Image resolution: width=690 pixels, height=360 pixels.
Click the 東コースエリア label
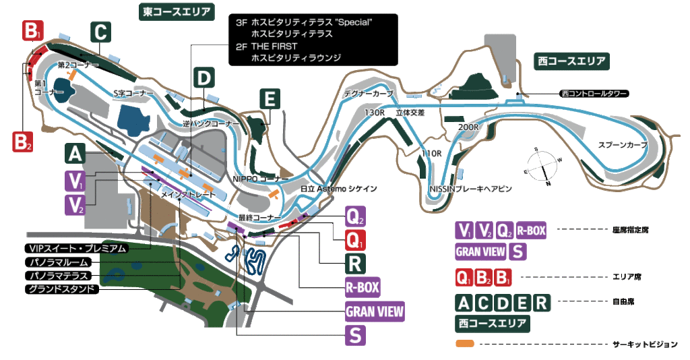(x=177, y=11)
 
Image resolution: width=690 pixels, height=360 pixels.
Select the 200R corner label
(x=467, y=127)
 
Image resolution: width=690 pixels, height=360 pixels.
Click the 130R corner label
(x=374, y=113)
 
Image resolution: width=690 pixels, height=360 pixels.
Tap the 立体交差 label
(x=410, y=113)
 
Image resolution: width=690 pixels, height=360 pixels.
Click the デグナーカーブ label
(x=368, y=94)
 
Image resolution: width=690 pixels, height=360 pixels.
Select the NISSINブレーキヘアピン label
(x=470, y=189)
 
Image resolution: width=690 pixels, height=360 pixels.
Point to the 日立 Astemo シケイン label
(x=339, y=189)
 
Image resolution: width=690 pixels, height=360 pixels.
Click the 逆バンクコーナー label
(x=211, y=124)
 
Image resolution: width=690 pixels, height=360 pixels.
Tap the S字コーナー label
(x=133, y=92)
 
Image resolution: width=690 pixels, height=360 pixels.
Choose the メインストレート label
(x=188, y=193)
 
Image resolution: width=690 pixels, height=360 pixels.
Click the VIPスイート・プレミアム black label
(x=75, y=247)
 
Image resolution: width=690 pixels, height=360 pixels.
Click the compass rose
(x=542, y=164)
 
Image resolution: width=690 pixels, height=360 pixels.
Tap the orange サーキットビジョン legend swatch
(x=465, y=344)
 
